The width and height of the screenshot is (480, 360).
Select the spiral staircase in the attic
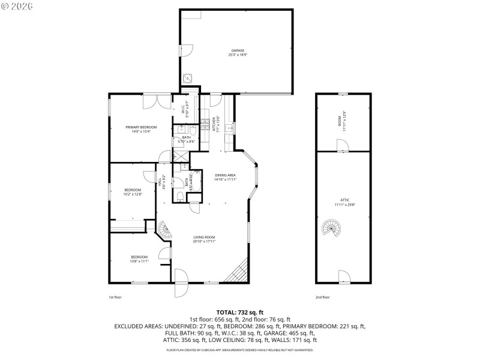pos(331,228)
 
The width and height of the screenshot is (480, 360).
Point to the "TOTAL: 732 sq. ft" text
pos(239,313)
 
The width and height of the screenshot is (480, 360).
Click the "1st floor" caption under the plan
pos(115,297)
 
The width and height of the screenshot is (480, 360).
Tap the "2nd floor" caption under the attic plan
pos(322,297)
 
